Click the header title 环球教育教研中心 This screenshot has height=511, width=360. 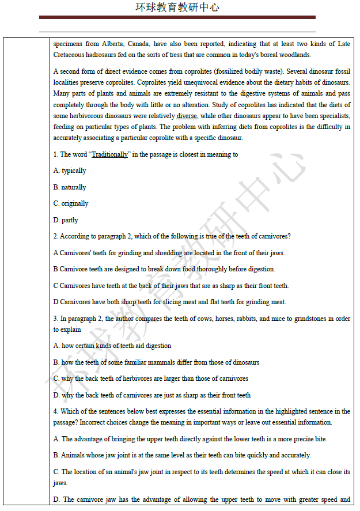click(177, 7)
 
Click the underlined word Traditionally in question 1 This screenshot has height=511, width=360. click(110, 154)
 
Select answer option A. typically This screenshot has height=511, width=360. click(70, 171)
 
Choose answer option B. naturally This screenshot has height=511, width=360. click(70, 187)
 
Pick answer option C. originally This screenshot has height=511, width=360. click(71, 203)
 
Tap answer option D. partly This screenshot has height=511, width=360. click(66, 220)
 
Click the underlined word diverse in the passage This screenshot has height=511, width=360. click(187, 116)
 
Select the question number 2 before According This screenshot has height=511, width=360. click(55, 236)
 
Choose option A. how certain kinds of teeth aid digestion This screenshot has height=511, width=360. click(112, 346)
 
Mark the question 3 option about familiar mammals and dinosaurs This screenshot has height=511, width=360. click(156, 362)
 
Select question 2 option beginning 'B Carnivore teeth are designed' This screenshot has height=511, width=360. click(164, 269)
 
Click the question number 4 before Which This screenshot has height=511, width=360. click(55, 411)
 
